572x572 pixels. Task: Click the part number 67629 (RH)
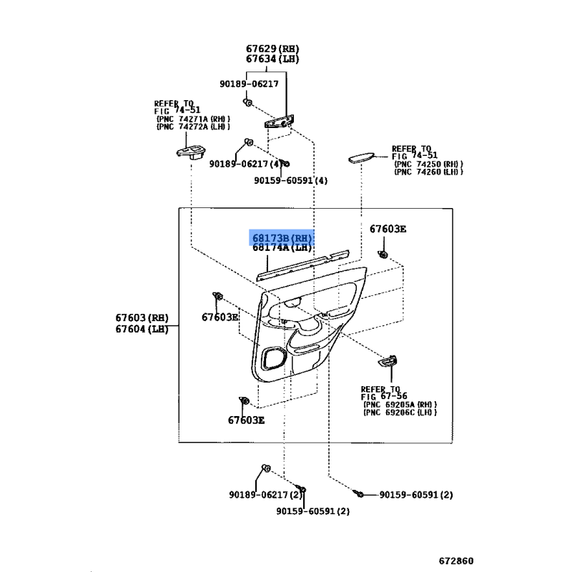(x=272, y=49)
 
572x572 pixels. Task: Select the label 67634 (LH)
(x=272, y=59)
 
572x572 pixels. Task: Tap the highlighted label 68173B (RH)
(x=282, y=238)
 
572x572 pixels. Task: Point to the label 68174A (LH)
(x=282, y=247)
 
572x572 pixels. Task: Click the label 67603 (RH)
(x=142, y=317)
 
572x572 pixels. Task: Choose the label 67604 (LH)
(x=142, y=329)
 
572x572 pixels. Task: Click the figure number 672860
(x=456, y=561)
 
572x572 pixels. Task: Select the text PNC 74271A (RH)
(x=193, y=119)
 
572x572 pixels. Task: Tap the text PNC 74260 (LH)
(x=428, y=172)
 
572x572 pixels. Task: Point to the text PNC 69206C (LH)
(x=400, y=413)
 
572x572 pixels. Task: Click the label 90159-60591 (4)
(x=291, y=181)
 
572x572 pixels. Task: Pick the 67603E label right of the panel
(x=388, y=229)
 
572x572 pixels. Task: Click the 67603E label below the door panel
(x=246, y=420)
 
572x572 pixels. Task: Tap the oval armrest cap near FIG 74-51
(x=361, y=157)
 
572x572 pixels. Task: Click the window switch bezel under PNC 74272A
(x=191, y=152)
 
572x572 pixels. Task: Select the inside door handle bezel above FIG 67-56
(x=388, y=361)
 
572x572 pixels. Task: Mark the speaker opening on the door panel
(x=273, y=358)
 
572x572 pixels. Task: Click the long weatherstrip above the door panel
(x=302, y=265)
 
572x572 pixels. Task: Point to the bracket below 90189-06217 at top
(x=279, y=122)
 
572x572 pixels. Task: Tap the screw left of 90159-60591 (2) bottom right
(x=358, y=493)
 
